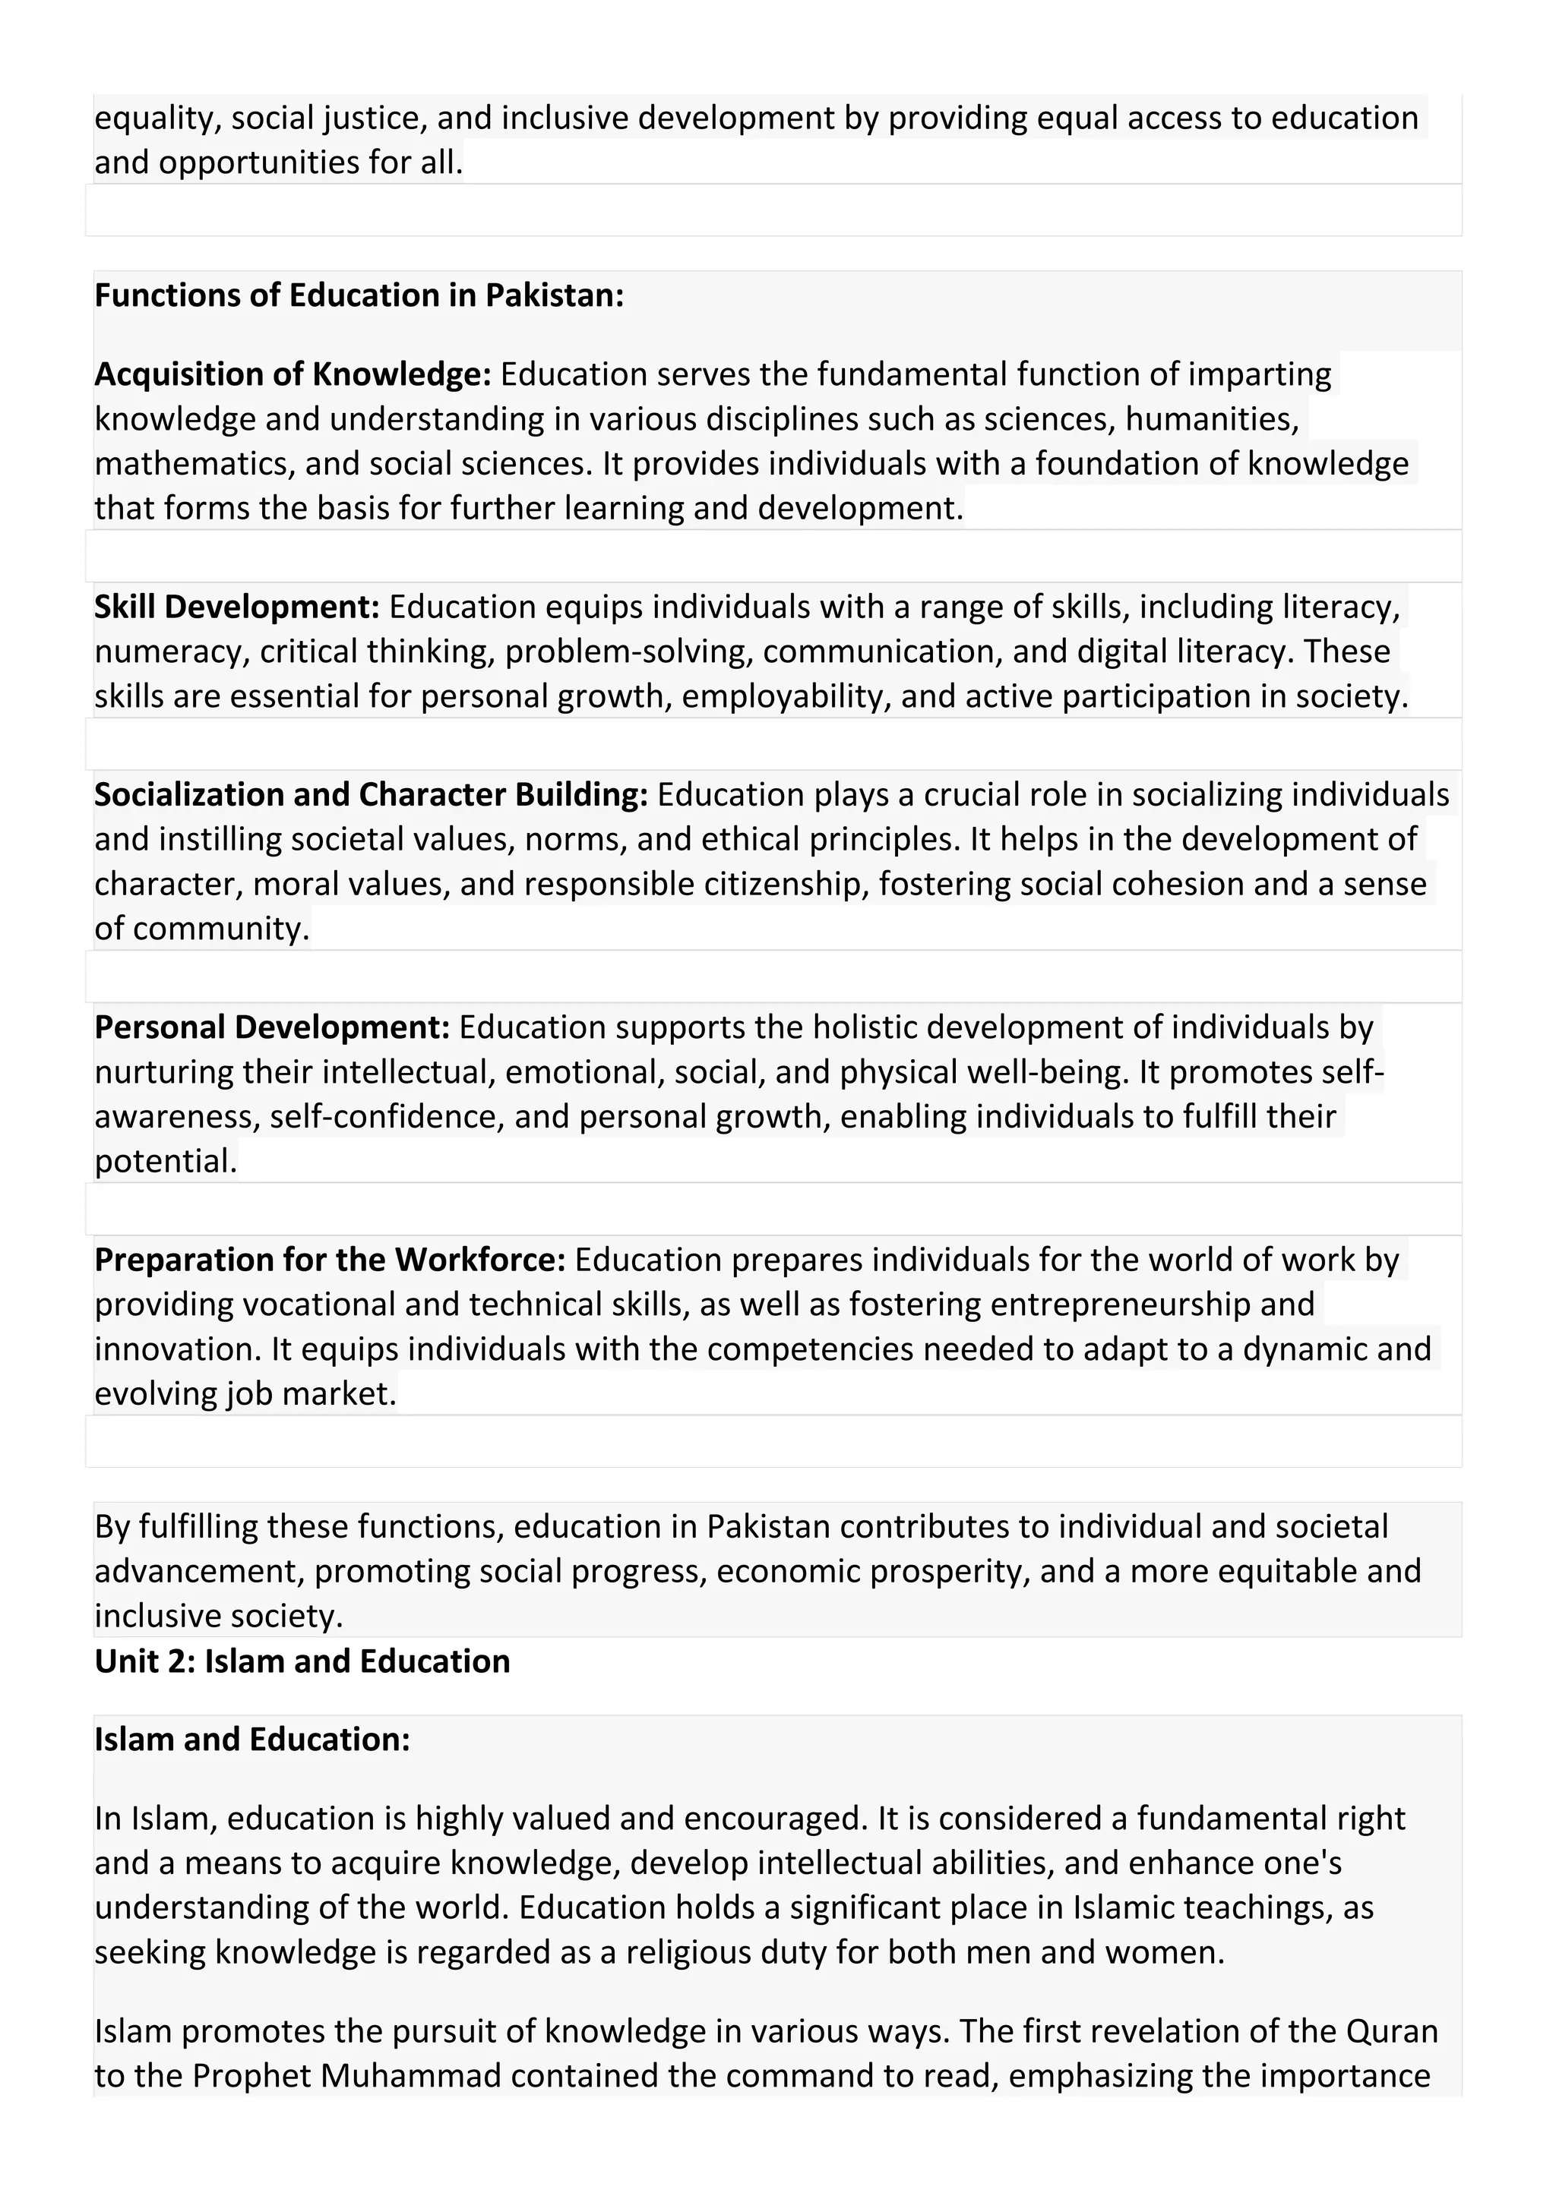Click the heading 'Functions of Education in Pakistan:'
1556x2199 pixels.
pyautogui.click(x=359, y=295)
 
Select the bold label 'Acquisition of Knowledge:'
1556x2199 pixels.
pyautogui.click(x=293, y=374)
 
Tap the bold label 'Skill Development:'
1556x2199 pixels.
pyautogui.click(x=236, y=606)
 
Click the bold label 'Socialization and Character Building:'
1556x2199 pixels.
pyautogui.click(x=371, y=794)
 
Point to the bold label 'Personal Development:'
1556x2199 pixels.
pyautogui.click(x=271, y=1027)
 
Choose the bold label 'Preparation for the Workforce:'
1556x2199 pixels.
pyautogui.click(x=330, y=1260)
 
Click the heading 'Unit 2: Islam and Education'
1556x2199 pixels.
pyautogui.click(x=302, y=1661)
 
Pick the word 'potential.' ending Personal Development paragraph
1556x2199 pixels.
pyautogui.click(x=165, y=1162)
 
